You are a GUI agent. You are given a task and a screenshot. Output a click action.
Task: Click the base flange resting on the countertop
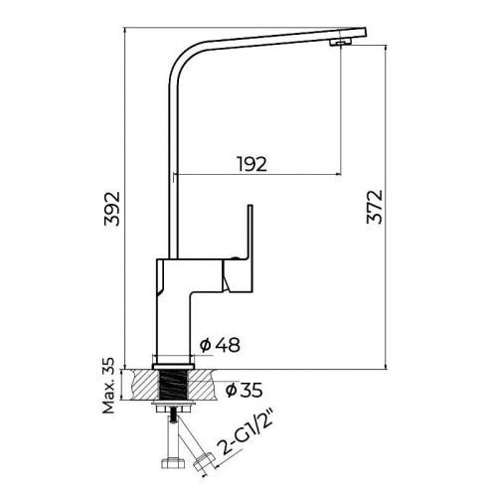175,362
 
